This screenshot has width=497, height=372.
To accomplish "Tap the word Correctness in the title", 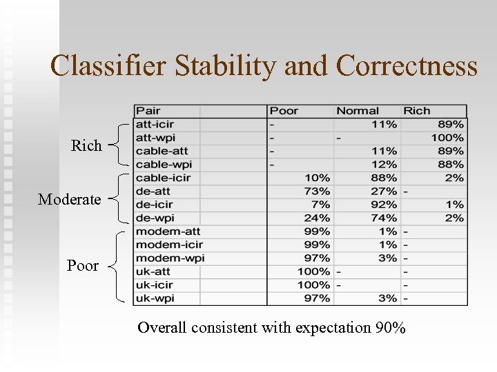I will click(x=407, y=66).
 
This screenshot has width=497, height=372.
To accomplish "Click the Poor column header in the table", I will click(x=284, y=111).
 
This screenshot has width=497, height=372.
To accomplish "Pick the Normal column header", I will click(x=358, y=111).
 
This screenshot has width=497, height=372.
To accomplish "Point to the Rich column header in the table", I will click(x=417, y=111).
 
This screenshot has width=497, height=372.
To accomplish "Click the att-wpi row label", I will click(x=155, y=138).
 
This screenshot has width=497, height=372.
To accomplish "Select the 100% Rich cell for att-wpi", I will click(x=447, y=138).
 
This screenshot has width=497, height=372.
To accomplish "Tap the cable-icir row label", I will click(x=163, y=178).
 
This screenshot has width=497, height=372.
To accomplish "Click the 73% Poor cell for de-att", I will click(x=318, y=192).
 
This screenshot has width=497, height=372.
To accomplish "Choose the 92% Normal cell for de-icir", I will click(x=384, y=205).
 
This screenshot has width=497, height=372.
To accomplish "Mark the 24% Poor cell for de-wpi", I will click(x=318, y=218).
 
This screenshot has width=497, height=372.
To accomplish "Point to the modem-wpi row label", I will click(x=170, y=258).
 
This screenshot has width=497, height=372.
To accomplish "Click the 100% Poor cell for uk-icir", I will click(x=313, y=285).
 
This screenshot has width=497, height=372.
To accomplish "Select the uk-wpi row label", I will click(x=154, y=298).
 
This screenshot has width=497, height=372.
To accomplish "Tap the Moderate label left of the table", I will click(x=69, y=200).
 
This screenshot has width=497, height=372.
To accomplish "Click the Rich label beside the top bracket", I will click(x=86, y=146).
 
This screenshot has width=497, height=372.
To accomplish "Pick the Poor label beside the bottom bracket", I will click(x=83, y=266).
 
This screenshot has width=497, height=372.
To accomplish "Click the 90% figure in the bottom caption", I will click(x=391, y=328).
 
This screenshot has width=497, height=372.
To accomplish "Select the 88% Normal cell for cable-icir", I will click(x=384, y=178).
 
